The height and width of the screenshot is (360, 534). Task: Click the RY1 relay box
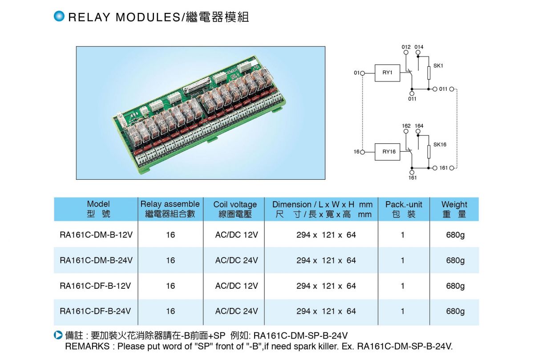point(387,73)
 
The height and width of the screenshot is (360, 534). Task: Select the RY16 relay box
point(387,152)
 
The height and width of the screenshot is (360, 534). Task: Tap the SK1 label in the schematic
point(438,66)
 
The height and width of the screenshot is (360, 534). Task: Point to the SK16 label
point(440,145)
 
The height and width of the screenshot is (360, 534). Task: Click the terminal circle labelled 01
point(362,73)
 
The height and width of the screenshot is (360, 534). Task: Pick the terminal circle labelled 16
point(362,152)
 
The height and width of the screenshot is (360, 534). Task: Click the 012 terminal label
point(406,47)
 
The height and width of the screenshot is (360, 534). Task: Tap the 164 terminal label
point(419,126)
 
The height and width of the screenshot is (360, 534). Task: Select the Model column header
point(98,209)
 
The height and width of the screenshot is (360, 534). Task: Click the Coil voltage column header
point(235,209)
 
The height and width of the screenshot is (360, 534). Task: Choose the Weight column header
point(454,209)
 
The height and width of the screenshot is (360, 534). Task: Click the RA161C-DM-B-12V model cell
point(96,235)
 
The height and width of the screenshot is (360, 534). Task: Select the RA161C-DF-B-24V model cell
point(95,311)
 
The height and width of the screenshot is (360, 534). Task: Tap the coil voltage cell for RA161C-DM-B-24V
point(236,260)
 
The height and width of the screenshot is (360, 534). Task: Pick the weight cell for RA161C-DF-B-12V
point(455,286)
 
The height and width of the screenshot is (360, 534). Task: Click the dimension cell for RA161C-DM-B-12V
point(326,235)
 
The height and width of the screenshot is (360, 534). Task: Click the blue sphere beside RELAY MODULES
point(59,16)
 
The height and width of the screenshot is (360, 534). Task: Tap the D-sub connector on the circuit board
point(197,85)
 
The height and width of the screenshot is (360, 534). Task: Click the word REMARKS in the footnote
point(87,346)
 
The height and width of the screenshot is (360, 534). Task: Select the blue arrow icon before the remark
point(58,335)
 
